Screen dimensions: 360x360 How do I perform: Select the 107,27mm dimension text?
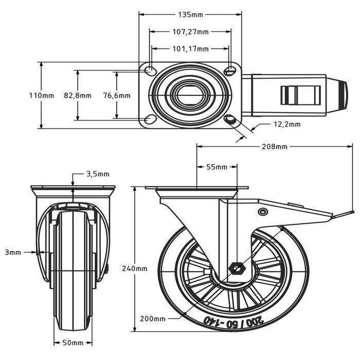[190, 32]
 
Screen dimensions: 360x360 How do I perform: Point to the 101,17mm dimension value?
[190, 49]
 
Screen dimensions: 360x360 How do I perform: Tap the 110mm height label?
[41, 96]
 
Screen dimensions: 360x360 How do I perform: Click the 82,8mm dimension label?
[77, 96]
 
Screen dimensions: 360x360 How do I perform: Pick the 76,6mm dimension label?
[117, 96]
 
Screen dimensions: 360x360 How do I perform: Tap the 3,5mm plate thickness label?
[98, 174]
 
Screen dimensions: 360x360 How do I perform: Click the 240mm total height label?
[135, 268]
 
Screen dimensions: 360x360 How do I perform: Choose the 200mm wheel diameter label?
[153, 318]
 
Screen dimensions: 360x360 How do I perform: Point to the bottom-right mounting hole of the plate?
[230, 120]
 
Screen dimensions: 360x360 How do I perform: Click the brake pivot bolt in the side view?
[263, 212]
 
